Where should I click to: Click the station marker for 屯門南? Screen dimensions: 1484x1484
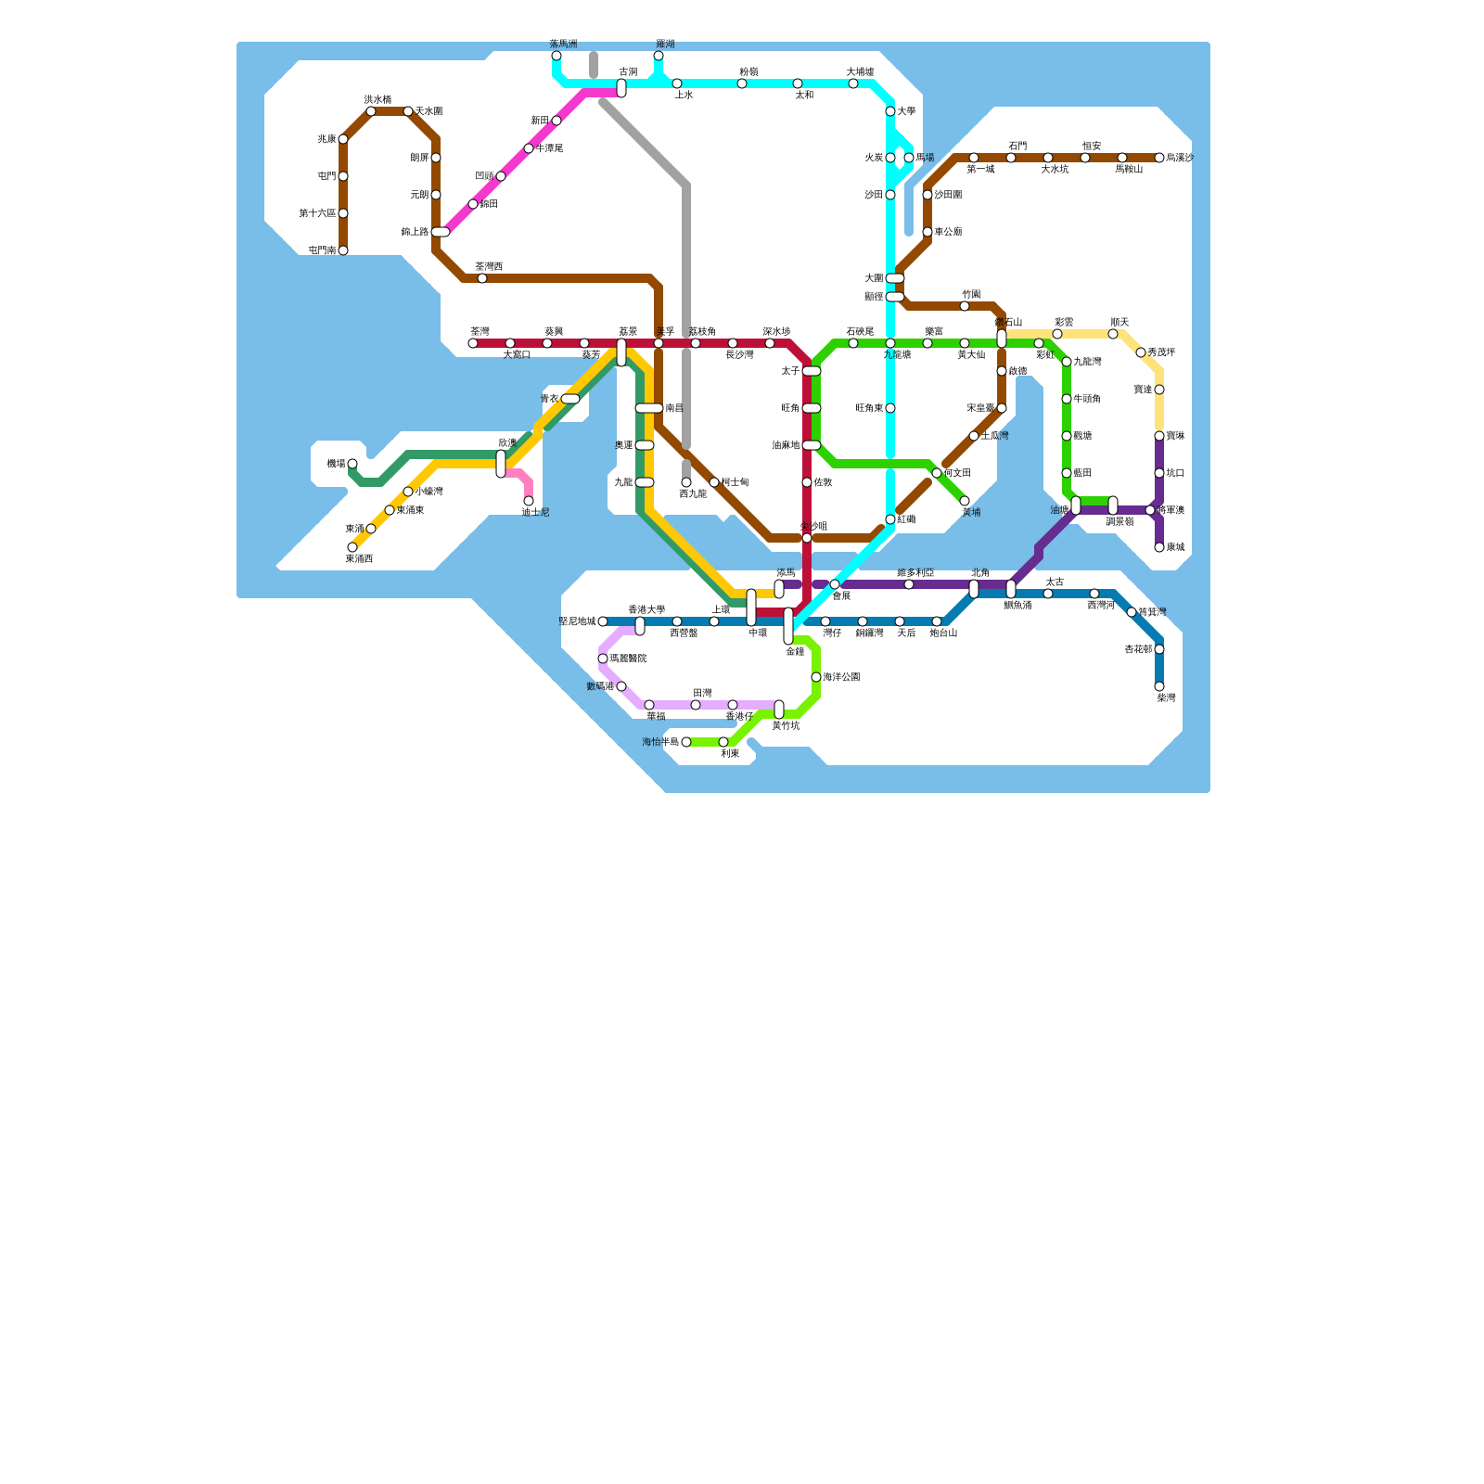pos(343,250)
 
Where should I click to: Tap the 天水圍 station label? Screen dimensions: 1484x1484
pos(429,111)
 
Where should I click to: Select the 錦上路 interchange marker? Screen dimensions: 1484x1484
pos(441,232)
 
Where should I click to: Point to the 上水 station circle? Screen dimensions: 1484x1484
pos(677,83)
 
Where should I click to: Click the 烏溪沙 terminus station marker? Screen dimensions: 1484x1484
pos(1159,158)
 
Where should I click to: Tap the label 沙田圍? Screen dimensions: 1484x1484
pos(948,195)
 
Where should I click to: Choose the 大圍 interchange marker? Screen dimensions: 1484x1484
pos(894,278)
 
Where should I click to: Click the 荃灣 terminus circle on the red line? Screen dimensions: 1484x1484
pos(473,343)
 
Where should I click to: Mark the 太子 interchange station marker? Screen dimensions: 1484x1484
pos(812,371)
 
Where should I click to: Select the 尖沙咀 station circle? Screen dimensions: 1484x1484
pos(807,538)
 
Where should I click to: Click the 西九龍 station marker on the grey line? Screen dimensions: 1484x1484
pos(686,482)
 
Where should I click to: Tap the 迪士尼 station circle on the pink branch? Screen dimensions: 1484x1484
pos(529,501)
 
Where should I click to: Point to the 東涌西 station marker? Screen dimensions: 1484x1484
pos(352,547)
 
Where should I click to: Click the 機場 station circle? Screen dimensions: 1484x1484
pos(352,464)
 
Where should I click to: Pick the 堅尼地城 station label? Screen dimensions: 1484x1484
pos(577,621)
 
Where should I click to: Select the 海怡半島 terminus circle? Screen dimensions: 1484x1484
pos(686,742)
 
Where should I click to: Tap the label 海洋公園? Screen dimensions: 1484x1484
pos(841,677)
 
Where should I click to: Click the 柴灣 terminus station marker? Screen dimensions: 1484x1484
pos(1159,686)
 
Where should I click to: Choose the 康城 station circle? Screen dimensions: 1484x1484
pos(1159,547)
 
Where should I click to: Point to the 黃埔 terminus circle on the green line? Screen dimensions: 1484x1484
pos(965,501)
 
